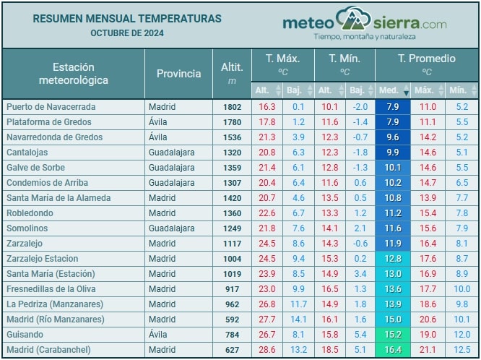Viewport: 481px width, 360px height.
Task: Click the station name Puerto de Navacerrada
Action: coord(51,106)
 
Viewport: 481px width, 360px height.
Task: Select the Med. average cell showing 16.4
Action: coord(393,350)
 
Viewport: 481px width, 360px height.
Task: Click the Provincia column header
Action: coord(178,73)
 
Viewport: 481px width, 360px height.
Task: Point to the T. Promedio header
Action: coord(426,59)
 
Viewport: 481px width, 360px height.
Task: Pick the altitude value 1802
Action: coord(232,106)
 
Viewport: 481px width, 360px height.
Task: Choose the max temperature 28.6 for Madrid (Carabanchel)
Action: coord(267,350)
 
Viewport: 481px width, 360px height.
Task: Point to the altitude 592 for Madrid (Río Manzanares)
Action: coord(232,320)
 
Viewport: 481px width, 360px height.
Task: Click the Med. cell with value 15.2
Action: coord(393,335)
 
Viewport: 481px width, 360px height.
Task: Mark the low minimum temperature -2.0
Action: coord(359,106)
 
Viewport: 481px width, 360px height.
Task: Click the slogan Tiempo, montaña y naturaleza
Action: coord(365,36)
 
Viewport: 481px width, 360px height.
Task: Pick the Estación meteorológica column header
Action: coord(73,73)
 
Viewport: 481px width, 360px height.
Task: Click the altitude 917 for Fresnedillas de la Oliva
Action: coord(232,289)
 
